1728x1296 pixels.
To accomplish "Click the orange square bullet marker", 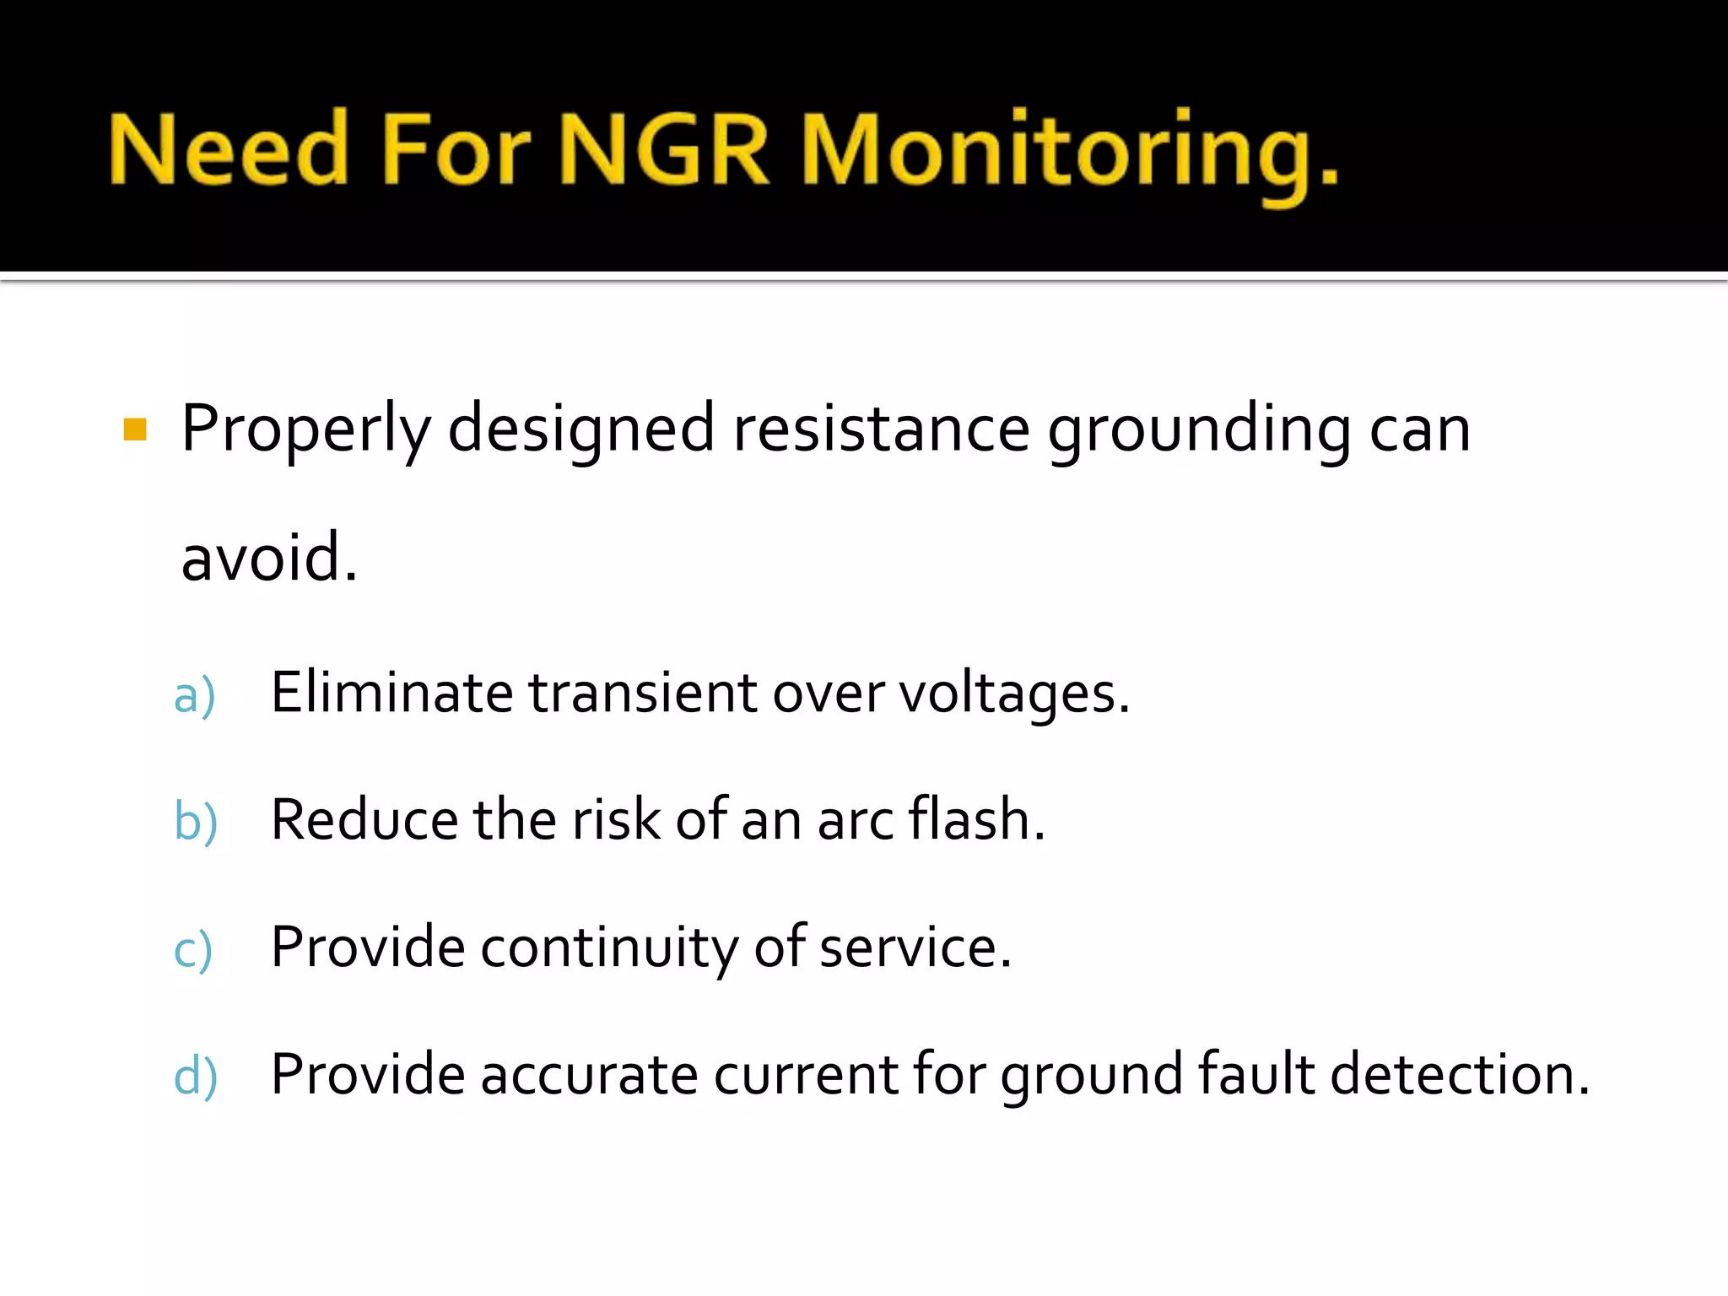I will coord(135,429).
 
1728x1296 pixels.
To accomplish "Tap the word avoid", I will coord(268,558).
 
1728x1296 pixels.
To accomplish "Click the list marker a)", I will coord(195,696).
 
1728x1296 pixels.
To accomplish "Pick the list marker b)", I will coord(196,822).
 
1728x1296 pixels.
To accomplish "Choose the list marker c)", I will coord(193,950).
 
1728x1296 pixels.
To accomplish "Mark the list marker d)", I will coord(196,1077).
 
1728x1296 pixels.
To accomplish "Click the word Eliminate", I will coord(391,693).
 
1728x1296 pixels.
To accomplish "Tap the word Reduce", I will coord(364,820).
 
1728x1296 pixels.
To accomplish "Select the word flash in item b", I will coord(976,819).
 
